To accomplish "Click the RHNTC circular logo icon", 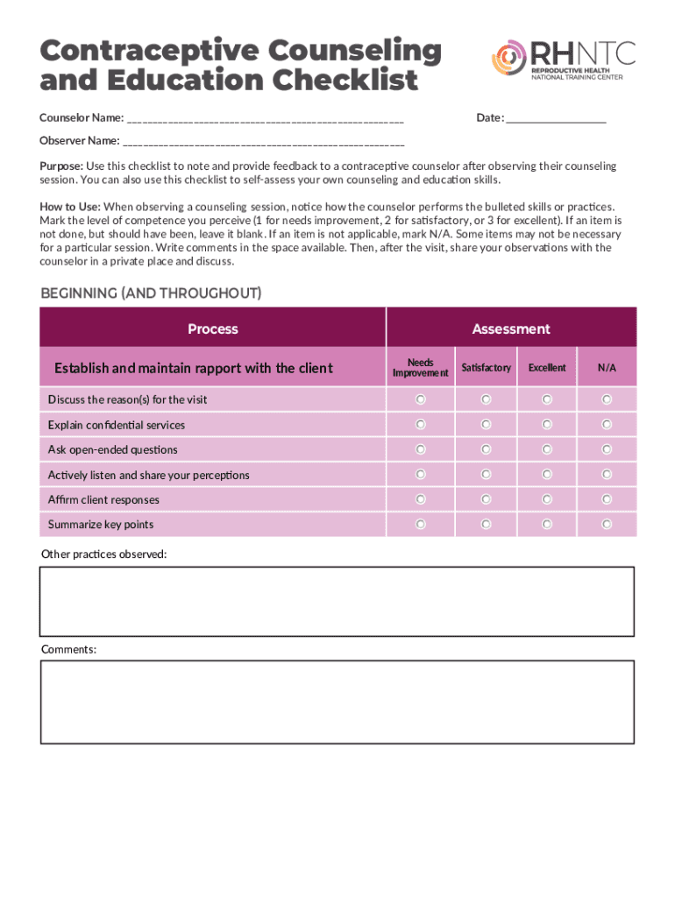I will pos(509,59).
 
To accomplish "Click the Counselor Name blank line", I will pos(264,118).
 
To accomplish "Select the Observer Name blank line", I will pos(264,140).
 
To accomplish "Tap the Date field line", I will pos(556,118).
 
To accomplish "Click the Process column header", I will pos(213,328).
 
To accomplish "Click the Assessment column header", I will pos(511,328).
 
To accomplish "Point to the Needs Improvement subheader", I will pos(421,368).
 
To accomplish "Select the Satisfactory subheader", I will pos(486,368).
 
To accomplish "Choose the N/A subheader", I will pos(607,368).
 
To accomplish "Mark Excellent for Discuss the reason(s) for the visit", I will pos(547,399).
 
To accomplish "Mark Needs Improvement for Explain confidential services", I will pos(421,424).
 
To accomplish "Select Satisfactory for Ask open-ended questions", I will pos(486,449).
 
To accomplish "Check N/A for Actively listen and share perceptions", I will pos(607,475).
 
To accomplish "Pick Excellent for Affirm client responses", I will pos(547,499).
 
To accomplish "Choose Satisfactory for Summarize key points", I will pos(486,525).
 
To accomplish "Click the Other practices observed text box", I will pos(337,601).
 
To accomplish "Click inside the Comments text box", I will pos(337,702).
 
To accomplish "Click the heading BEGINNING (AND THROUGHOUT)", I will pos(151,293).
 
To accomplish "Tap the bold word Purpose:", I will pos(61,166).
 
